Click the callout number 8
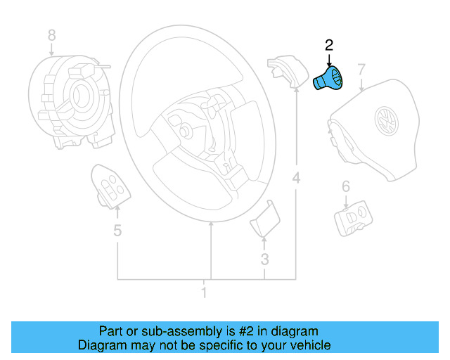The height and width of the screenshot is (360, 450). click(x=51, y=34)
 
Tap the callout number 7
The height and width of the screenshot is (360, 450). click(x=361, y=70)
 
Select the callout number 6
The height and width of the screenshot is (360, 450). click(x=345, y=186)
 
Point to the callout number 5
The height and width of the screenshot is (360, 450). click(x=117, y=229)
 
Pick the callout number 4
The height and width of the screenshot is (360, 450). click(x=296, y=179)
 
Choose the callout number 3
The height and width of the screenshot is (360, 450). click(x=264, y=260)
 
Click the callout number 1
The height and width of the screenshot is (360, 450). click(x=204, y=292)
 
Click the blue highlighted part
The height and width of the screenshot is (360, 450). click(x=328, y=79)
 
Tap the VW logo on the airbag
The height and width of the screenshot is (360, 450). click(x=386, y=120)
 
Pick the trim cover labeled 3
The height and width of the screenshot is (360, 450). click(x=263, y=219)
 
